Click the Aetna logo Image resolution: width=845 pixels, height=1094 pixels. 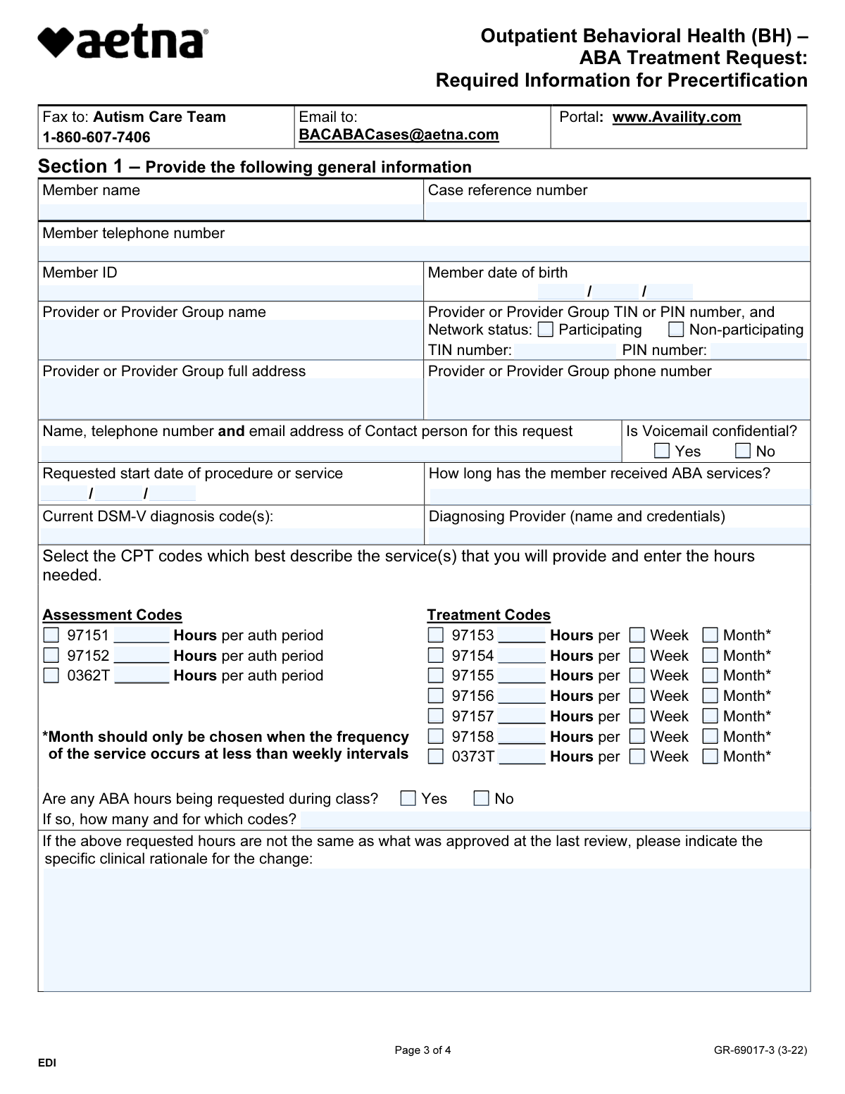tap(123, 43)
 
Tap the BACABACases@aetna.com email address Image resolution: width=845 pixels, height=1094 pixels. tap(399, 135)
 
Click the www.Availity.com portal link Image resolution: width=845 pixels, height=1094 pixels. tap(677, 117)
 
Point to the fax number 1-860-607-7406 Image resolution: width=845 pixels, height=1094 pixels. tap(96, 137)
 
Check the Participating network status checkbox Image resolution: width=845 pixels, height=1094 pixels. tap(546, 330)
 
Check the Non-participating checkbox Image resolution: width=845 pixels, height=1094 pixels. tap(676, 330)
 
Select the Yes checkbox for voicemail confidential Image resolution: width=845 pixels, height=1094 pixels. tap(662, 451)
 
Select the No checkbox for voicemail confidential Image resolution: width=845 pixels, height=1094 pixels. tap(743, 451)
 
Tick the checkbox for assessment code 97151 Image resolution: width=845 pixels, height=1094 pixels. tap(51, 635)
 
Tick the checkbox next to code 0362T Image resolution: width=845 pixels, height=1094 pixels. tap(51, 676)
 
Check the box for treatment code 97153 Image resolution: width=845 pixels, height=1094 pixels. tap(437, 635)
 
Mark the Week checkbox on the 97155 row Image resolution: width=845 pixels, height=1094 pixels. tap(637, 676)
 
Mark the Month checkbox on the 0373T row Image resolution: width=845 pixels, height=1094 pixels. tap(711, 757)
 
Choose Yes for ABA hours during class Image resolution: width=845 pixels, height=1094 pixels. tap(408, 798)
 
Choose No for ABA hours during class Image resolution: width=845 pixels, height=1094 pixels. tap(482, 798)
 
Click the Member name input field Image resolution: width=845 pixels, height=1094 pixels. tap(230, 211)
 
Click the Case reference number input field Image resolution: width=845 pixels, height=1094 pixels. tap(616, 211)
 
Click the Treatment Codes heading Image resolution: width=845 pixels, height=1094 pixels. tap(489, 615)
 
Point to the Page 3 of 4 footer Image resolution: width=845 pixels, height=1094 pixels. tap(423, 1050)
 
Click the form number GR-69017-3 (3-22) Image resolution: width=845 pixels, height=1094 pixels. tap(760, 1050)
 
